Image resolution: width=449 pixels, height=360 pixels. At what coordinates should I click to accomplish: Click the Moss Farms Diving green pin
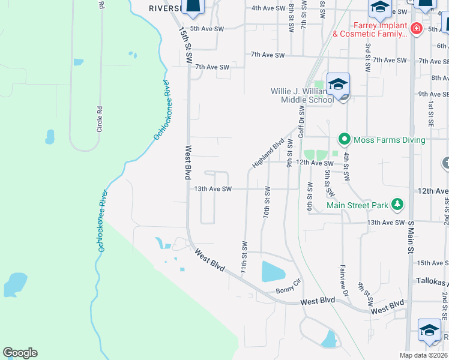[x=344, y=139]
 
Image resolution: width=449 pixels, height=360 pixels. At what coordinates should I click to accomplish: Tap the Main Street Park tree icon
[x=397, y=205]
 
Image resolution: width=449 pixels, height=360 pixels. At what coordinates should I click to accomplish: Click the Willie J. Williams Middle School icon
[x=338, y=85]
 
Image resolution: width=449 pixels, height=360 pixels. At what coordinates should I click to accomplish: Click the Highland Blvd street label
[x=268, y=154]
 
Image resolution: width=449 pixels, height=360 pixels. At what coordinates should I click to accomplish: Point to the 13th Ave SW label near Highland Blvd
[x=212, y=188]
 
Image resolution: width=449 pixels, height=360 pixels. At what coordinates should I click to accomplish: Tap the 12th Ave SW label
[x=314, y=163]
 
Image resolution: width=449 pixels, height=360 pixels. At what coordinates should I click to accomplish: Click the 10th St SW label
[x=267, y=202]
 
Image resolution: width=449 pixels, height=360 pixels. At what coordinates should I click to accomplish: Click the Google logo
[x=20, y=353]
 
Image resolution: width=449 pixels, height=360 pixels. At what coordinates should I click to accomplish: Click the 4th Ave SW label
[x=268, y=8]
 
